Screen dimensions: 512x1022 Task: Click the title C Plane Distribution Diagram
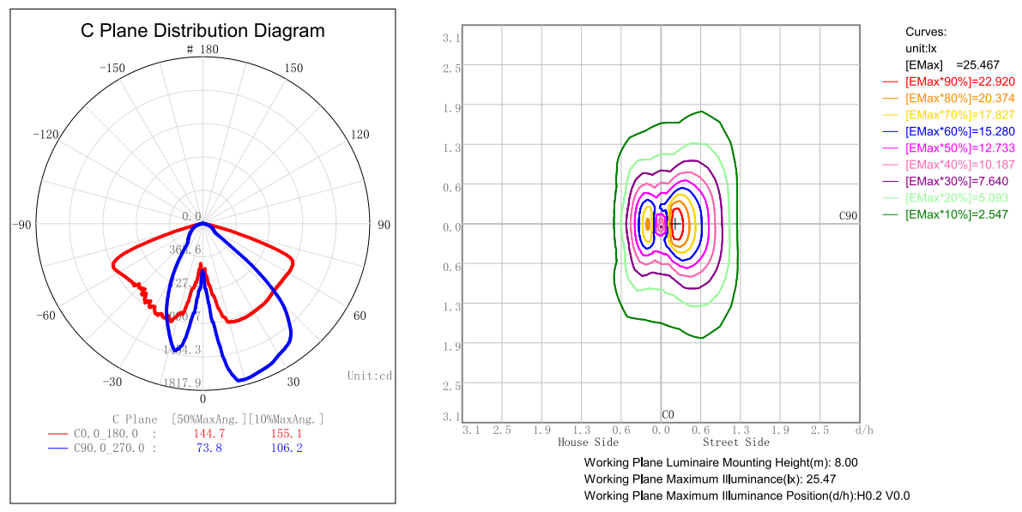tap(203, 31)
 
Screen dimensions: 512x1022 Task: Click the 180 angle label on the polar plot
tap(209, 50)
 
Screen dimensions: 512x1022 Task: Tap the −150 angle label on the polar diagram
tap(113, 69)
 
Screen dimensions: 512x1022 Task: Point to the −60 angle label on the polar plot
tap(45, 316)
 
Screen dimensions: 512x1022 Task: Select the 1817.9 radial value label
tap(182, 382)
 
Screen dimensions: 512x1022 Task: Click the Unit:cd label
tap(370, 376)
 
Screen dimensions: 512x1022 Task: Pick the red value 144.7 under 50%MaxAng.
tap(209, 434)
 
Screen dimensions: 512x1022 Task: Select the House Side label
tap(588, 443)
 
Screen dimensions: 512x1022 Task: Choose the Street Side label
tap(735, 443)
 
